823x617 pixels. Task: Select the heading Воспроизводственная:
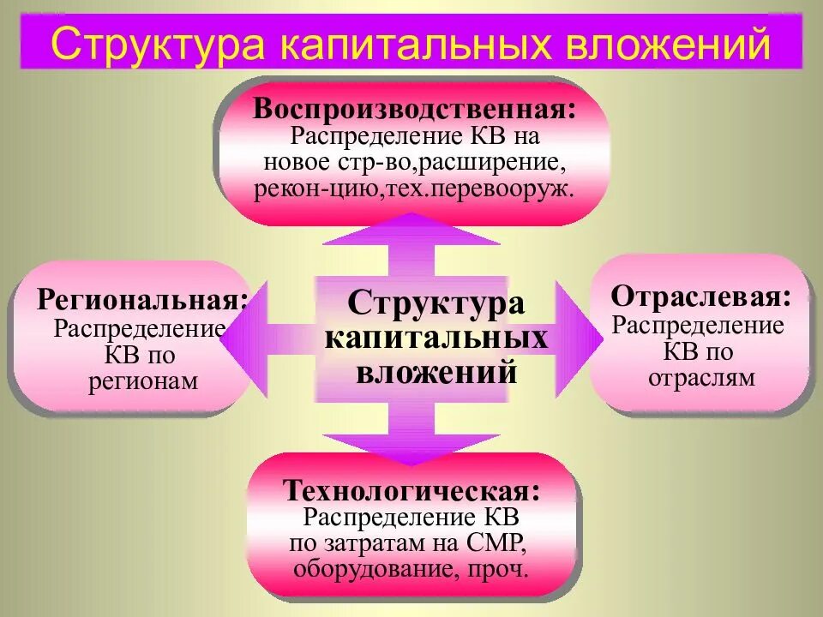coord(414,110)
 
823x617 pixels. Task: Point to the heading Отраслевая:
coord(700,297)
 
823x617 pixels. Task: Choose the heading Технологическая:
coord(412,492)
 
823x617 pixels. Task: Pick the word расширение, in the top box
coord(490,162)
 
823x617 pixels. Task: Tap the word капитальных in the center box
coord(436,338)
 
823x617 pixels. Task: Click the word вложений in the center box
coord(437,372)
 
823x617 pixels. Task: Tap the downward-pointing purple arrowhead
coord(411,446)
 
